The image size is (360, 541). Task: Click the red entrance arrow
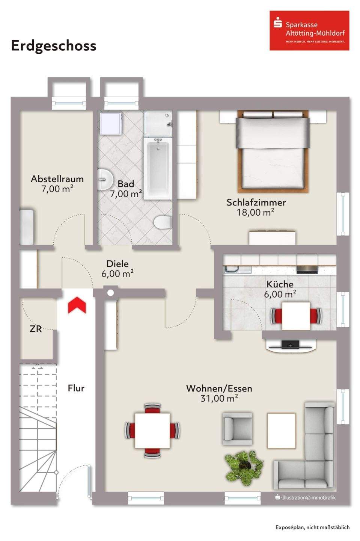(77, 305)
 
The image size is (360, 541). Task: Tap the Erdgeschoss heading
(54, 46)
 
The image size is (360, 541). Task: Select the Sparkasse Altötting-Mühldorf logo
(309, 30)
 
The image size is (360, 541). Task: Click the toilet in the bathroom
(163, 222)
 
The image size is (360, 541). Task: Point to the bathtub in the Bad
(158, 169)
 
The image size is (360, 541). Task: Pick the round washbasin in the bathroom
(105, 180)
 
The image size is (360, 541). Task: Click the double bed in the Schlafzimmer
(273, 151)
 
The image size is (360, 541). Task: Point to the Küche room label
(280, 284)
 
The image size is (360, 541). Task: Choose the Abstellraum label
(57, 179)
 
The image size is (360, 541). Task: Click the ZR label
(36, 329)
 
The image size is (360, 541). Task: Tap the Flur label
(76, 388)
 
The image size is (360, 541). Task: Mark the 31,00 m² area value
(219, 399)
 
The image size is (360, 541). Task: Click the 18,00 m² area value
(256, 213)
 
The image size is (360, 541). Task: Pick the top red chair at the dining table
(152, 408)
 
